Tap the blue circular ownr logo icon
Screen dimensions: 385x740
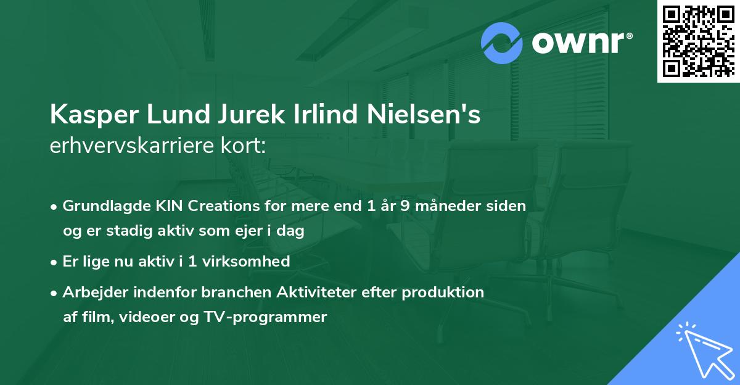502,43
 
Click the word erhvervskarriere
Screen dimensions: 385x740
127,146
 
